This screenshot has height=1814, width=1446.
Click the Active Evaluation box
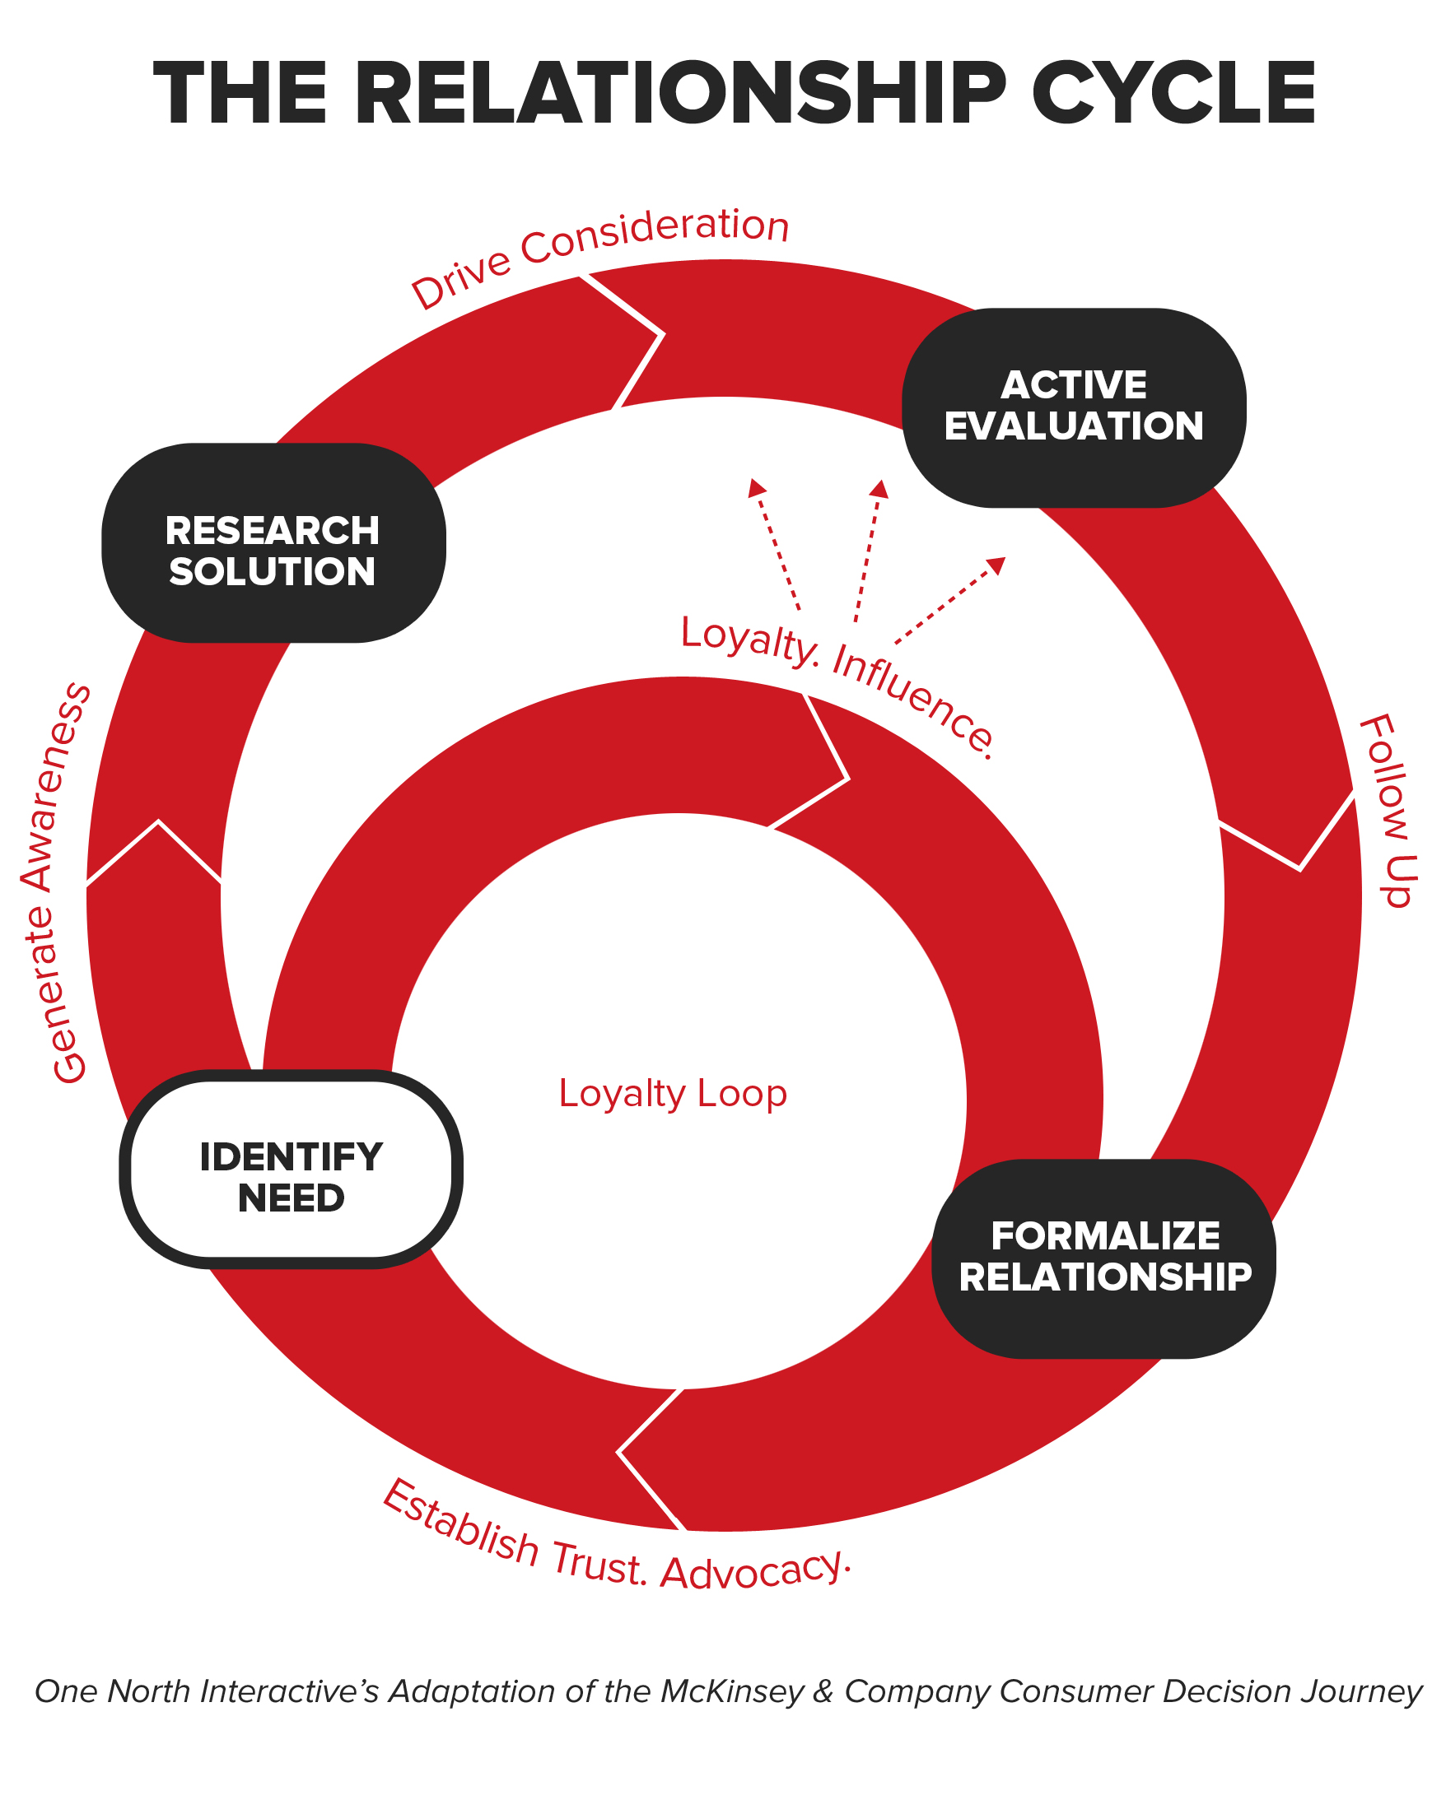click(x=1073, y=407)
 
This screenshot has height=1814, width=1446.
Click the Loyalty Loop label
click(x=673, y=1094)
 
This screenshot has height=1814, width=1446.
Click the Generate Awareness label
click(x=55, y=883)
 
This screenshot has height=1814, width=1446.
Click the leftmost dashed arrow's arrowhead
click(x=756, y=486)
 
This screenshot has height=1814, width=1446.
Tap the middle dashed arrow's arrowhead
click(x=879, y=488)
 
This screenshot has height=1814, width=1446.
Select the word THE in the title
click(x=240, y=94)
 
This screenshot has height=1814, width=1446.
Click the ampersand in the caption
click(x=824, y=1691)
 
